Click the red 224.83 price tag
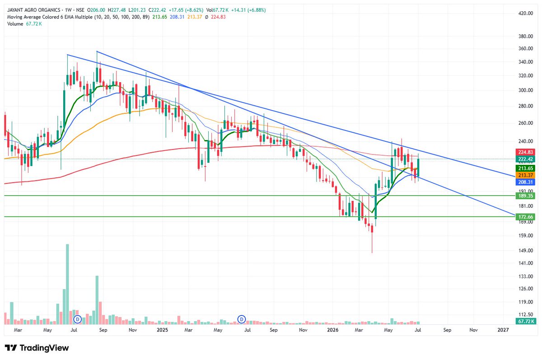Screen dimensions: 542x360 click(x=525, y=152)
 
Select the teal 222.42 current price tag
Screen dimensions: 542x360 click(x=525, y=159)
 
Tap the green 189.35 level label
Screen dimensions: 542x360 click(x=525, y=196)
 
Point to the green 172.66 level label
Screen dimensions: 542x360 click(x=525, y=217)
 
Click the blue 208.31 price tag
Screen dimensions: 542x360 click(x=525, y=182)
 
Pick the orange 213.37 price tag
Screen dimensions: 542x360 click(x=525, y=175)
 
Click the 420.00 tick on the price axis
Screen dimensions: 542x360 click(x=526, y=13)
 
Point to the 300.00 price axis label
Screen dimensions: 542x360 click(x=526, y=90)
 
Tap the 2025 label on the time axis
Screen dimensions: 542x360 click(x=162, y=330)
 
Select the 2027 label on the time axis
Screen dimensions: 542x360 click(x=503, y=330)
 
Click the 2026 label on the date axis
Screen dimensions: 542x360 click(x=332, y=330)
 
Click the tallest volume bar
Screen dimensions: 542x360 click(x=67, y=284)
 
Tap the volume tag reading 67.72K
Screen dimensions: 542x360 click(x=525, y=321)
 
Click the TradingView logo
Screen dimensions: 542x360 click(x=37, y=348)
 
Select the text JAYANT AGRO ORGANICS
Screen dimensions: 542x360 click(x=33, y=10)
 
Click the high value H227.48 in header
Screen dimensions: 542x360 click(x=117, y=10)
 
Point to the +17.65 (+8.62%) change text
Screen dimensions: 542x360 click(x=186, y=10)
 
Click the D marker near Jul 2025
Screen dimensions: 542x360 click(x=242, y=319)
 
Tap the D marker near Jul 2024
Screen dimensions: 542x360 click(x=78, y=319)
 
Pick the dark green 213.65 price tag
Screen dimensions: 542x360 click(x=525, y=168)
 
